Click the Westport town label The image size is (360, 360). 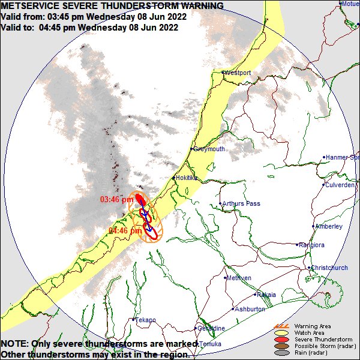pyautogui.click(x=238, y=73)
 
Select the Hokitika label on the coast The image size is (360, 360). pyautogui.click(x=186, y=178)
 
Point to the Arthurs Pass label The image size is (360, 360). pyautogui.click(x=241, y=204)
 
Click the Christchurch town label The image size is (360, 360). pyautogui.click(x=329, y=268)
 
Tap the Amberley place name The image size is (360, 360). pyautogui.click(x=329, y=227)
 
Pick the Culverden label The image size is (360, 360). pyautogui.click(x=340, y=185)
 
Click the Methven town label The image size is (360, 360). pyautogui.click(x=239, y=278)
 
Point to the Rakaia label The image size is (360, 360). pyautogui.click(x=266, y=295)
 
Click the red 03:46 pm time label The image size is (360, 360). pyautogui.click(x=116, y=199)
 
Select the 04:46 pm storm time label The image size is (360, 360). pyautogui.click(x=125, y=230)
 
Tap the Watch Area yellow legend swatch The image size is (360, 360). pyautogui.click(x=280, y=332)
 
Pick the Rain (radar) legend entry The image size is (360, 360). pyautogui.click(x=311, y=352)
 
